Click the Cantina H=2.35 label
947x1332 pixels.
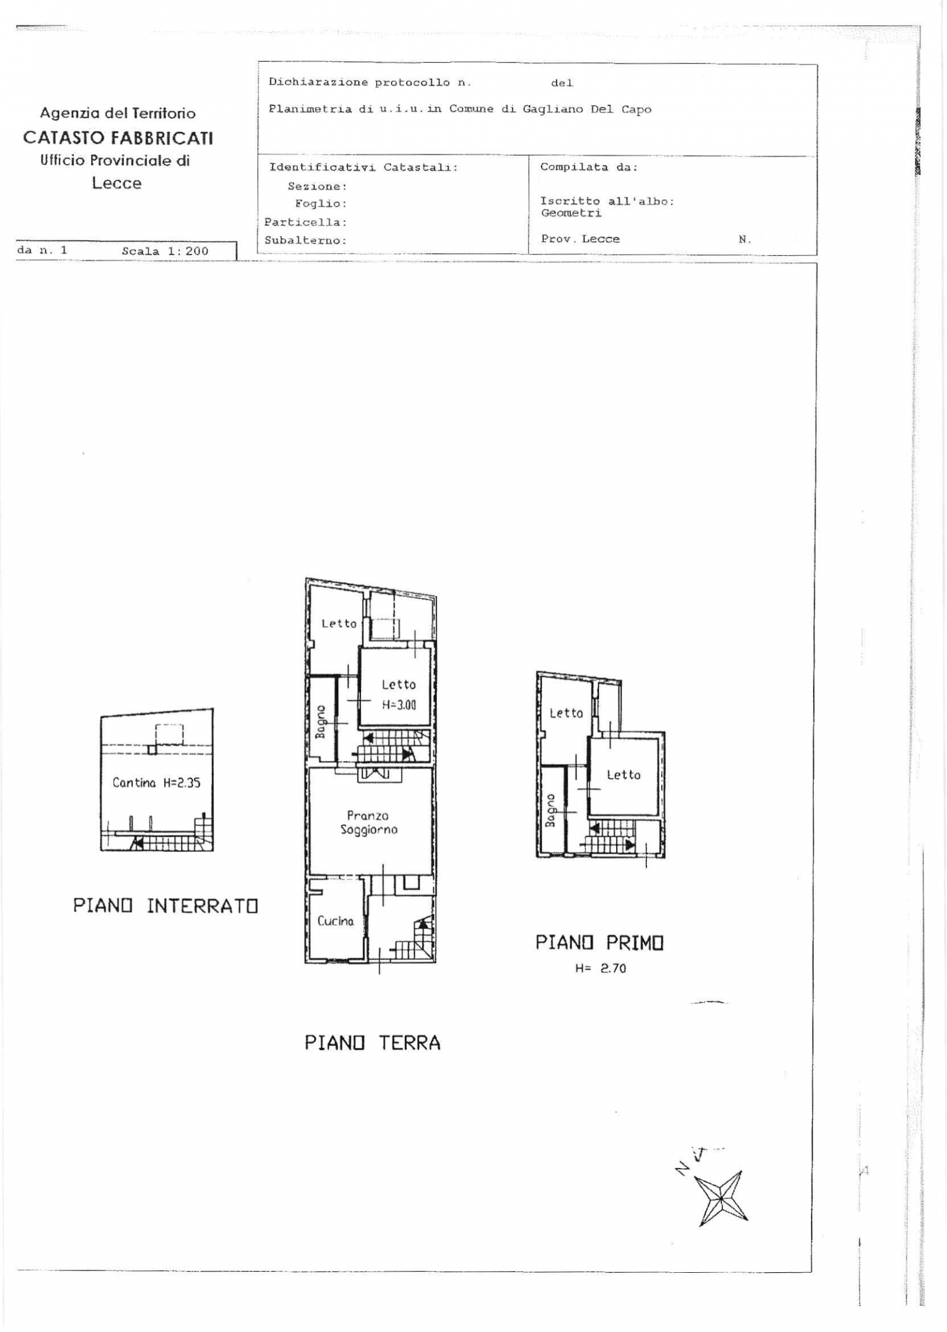tap(157, 783)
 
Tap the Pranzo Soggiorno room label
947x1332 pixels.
tap(369, 823)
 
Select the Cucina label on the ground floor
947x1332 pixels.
tap(336, 921)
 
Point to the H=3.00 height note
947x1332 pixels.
tap(399, 705)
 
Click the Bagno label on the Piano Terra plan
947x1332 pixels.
tap(321, 722)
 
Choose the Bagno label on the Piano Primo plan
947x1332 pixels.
tap(550, 810)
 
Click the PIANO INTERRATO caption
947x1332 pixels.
tap(166, 906)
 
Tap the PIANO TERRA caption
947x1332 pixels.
tap(373, 1043)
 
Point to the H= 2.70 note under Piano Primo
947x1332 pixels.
tap(601, 969)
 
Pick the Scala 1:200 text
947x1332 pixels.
tap(165, 251)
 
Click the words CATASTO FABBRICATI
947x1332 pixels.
tap(118, 138)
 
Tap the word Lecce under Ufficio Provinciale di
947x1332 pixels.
tap(117, 183)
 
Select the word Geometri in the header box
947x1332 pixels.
tap(571, 213)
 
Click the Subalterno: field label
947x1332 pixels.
tap(305, 241)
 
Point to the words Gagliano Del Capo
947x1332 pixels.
tap(587, 110)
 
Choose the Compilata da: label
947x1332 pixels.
tap(589, 167)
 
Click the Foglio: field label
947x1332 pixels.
tap(321, 204)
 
